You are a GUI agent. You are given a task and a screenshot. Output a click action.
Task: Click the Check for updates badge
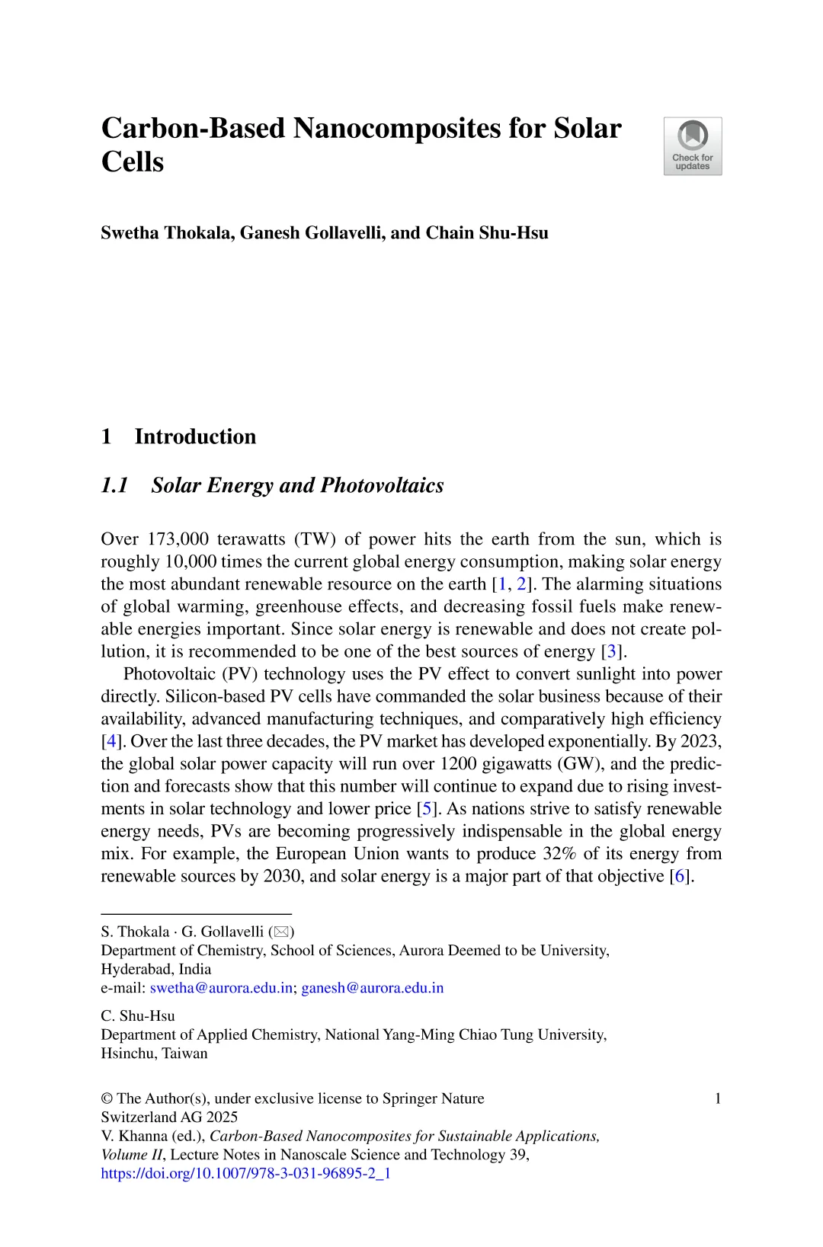point(692,146)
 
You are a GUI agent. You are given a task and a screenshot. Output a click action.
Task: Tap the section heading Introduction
point(195,436)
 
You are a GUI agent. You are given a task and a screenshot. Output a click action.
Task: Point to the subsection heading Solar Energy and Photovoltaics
point(297,485)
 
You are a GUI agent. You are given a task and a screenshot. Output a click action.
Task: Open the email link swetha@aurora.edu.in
point(221,988)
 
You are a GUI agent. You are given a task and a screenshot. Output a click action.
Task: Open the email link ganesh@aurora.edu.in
point(372,988)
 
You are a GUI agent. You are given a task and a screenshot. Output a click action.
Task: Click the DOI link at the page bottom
point(245,1173)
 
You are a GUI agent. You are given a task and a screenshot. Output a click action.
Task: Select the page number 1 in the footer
point(717,1098)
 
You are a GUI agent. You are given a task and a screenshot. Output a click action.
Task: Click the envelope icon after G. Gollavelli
point(280,932)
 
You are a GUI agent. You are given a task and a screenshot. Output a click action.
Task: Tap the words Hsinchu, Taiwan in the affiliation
point(154,1054)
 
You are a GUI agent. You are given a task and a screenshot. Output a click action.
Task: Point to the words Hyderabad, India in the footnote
point(156,969)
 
